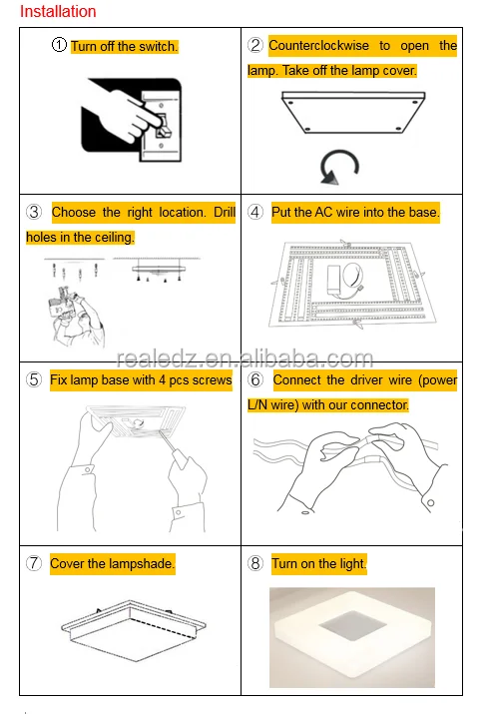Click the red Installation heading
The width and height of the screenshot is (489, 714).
click(58, 11)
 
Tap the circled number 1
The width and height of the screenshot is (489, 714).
click(59, 45)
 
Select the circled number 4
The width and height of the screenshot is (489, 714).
click(255, 212)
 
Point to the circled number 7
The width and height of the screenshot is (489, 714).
click(34, 563)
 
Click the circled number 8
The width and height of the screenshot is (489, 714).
click(255, 563)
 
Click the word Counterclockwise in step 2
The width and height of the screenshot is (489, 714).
click(319, 46)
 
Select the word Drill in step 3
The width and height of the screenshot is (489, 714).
click(225, 212)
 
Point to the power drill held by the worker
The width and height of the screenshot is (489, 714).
click(60, 302)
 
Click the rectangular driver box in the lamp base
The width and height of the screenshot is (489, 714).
click(335, 280)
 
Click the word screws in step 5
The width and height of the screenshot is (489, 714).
click(215, 380)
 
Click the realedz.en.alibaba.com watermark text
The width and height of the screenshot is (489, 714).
click(244, 359)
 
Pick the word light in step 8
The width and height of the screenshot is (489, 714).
click(352, 564)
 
